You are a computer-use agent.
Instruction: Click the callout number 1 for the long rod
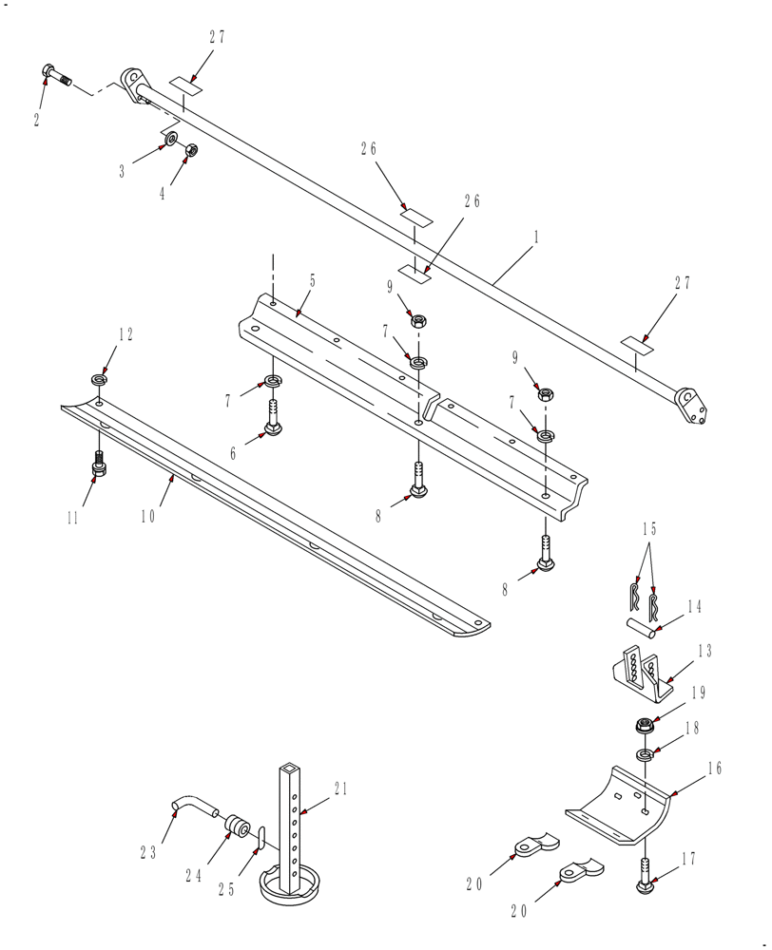[x=535, y=238]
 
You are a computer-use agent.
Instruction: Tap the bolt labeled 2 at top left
[x=56, y=75]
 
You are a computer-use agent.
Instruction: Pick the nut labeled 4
[x=190, y=150]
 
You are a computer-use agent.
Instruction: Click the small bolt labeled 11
[x=100, y=468]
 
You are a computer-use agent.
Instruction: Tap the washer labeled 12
[x=100, y=380]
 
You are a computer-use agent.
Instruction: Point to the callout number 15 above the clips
[x=649, y=529]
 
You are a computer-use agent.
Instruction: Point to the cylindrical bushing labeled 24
[x=236, y=824]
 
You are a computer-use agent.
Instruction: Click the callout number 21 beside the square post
[x=341, y=788]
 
